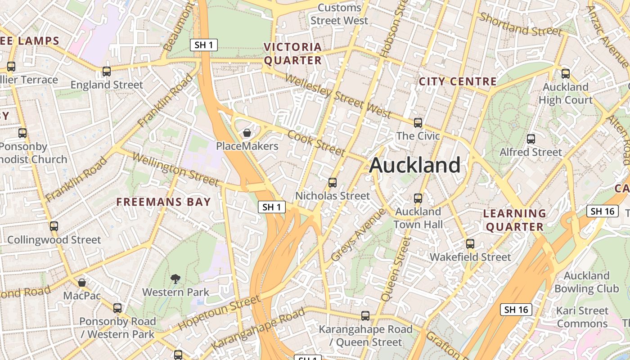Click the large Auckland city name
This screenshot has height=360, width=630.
point(415,165)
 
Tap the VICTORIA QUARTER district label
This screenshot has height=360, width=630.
point(293,54)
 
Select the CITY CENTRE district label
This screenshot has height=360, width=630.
point(458,81)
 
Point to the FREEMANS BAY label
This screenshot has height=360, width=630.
point(164,202)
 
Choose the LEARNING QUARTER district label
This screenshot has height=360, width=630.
point(515,220)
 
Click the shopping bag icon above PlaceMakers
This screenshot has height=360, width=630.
point(247,133)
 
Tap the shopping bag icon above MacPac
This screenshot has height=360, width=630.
point(82,283)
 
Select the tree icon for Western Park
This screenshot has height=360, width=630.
point(175,279)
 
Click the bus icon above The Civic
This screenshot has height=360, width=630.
point(418,122)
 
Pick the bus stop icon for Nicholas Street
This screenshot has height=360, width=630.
point(333,182)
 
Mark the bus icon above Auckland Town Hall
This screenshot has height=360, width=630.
point(418,198)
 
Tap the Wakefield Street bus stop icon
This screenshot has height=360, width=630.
point(470,244)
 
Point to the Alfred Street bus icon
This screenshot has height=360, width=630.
point(531,139)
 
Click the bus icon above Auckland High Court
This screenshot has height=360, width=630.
point(566,73)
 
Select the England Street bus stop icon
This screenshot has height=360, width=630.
point(107,71)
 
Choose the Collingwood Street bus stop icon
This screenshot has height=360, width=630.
point(54,226)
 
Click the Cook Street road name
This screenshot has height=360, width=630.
point(316,143)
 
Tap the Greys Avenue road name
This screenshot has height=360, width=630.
point(358,235)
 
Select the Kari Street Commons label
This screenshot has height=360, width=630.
point(582,317)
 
